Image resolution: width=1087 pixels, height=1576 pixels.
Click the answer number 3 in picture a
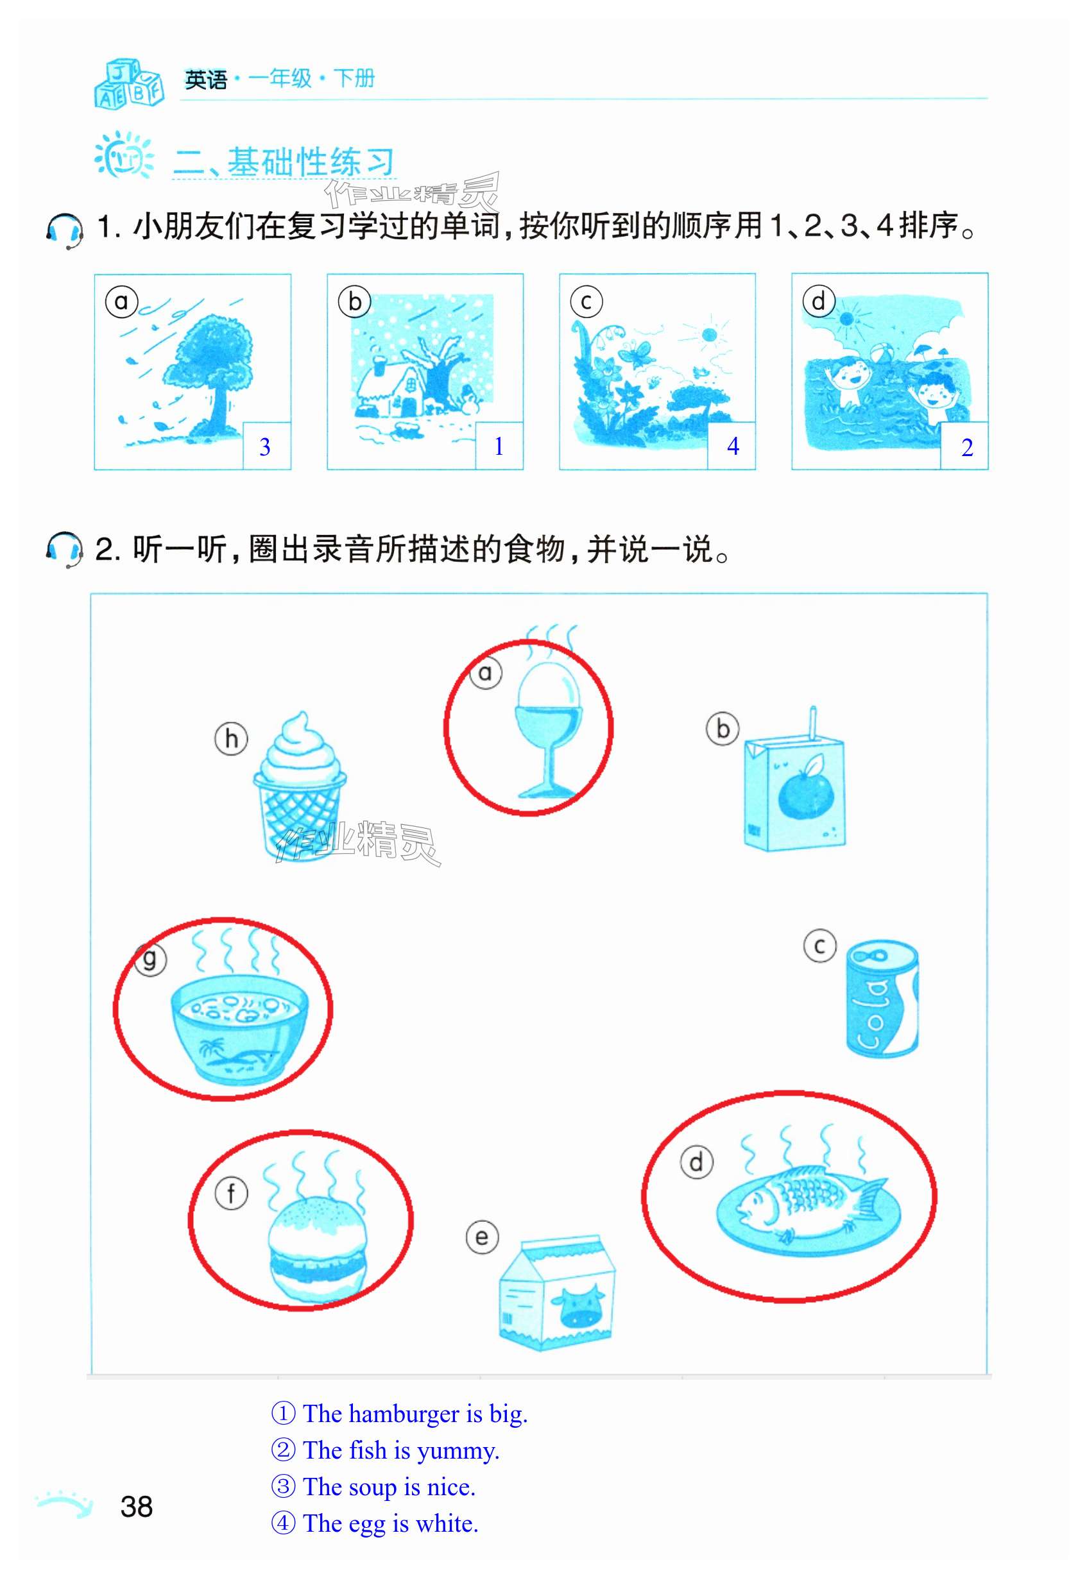tap(265, 446)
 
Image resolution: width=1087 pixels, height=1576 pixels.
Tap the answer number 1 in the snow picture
tap(499, 446)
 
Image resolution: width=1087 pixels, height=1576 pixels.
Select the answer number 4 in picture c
tap(733, 446)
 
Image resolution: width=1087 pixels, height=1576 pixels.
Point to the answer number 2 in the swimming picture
tap(966, 447)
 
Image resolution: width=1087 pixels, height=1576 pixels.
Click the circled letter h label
tap(232, 739)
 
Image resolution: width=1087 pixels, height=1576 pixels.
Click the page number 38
tap(136, 1507)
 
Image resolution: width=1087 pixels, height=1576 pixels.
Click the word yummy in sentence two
tap(458, 1451)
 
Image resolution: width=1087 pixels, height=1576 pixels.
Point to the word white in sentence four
tap(446, 1523)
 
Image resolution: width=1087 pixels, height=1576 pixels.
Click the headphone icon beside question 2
tap(65, 548)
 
